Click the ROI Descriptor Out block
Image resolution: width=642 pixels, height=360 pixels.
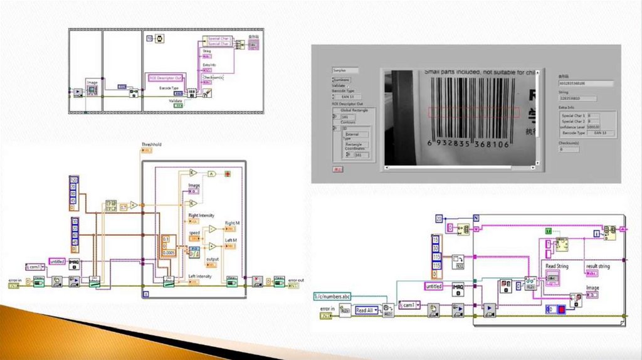165,77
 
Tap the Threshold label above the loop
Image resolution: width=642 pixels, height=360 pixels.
151,145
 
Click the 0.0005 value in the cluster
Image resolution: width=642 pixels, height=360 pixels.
169,252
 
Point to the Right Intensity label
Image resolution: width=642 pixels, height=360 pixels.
202,216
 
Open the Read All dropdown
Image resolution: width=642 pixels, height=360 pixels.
366,310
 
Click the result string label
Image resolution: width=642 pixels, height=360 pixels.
597,267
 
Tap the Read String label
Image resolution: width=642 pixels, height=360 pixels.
557,267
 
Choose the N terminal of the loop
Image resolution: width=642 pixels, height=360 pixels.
476,218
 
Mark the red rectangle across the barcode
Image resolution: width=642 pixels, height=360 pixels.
473,112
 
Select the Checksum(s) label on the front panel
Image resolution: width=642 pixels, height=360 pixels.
569,142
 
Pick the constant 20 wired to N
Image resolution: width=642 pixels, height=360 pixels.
439,218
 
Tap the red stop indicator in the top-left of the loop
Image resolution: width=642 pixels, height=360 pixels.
228,173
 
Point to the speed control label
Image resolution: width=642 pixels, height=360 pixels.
194,233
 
